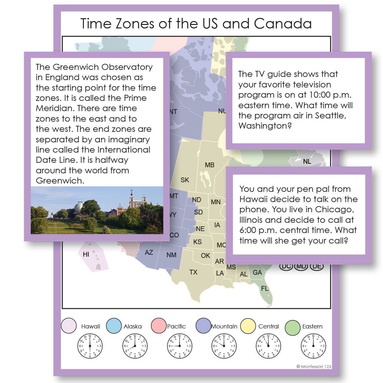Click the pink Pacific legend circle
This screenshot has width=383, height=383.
pos(159,326)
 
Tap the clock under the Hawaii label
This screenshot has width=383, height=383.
pos(90,346)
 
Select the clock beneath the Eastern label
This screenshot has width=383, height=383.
pos(313,346)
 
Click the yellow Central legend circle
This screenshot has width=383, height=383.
pos(248,326)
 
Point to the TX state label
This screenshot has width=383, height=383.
pos(193,272)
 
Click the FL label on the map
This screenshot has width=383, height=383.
pos(265,289)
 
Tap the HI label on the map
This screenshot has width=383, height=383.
pos(86,254)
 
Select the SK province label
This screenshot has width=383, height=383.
pos(185,180)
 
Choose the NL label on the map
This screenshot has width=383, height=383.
pos(307,161)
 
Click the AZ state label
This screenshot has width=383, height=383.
pos(149,252)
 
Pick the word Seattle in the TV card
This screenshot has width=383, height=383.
pos(330,116)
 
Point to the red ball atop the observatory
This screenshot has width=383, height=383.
pos(131,192)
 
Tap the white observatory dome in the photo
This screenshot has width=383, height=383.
pos(78,206)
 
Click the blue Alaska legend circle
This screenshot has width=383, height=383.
pos(114,326)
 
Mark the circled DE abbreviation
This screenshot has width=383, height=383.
pos(316,266)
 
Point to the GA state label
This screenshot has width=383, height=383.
pos(257,273)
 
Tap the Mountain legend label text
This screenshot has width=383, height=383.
pos(224,326)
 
